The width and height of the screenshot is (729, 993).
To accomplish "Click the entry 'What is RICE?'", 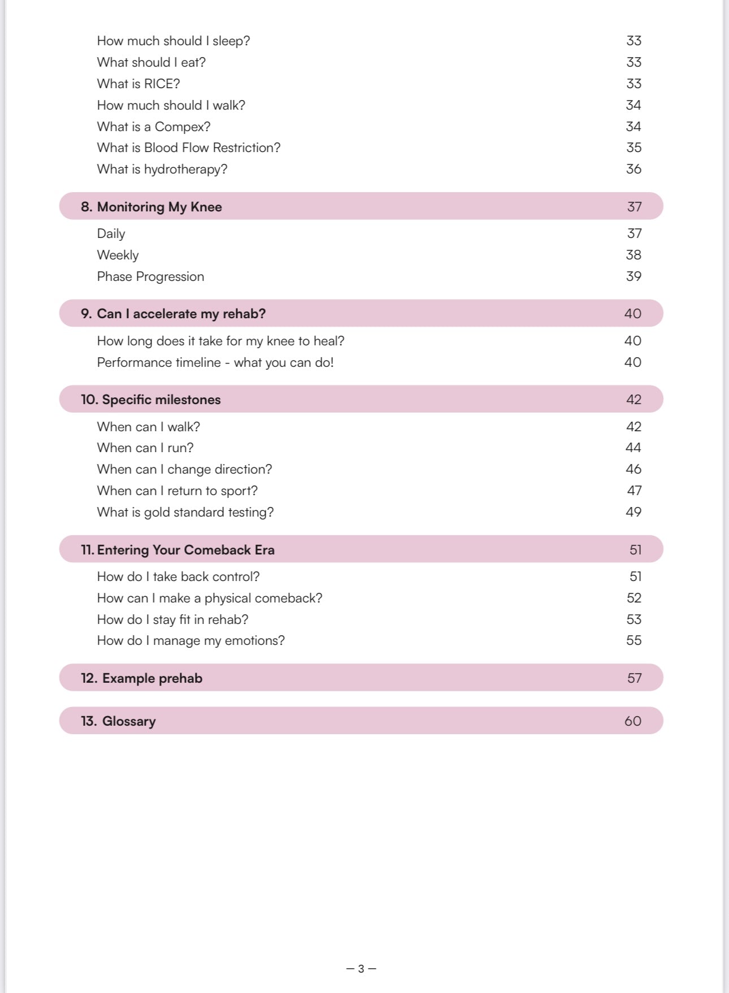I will tap(138, 84).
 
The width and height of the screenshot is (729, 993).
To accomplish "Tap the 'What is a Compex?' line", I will tap(154, 127).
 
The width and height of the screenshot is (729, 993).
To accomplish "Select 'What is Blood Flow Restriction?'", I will tap(189, 148).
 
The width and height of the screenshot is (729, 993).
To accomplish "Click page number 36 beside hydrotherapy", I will tap(633, 169).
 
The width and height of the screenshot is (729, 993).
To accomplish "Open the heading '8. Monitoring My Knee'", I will tap(151, 207).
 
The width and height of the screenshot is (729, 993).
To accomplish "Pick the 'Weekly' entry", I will tap(118, 255).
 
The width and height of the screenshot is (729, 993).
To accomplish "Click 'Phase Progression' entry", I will tap(150, 276).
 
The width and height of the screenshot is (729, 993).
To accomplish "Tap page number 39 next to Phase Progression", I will tap(633, 276).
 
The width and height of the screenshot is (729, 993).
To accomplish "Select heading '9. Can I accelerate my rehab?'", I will tap(173, 314).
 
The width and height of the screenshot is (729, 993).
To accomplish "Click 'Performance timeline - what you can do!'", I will tap(215, 362).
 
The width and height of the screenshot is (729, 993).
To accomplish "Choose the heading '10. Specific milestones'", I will tap(151, 400).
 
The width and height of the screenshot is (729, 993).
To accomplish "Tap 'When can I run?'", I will tap(145, 448).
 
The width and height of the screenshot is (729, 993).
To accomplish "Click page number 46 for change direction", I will tap(633, 469).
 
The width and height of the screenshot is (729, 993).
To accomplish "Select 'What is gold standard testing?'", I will tap(185, 512).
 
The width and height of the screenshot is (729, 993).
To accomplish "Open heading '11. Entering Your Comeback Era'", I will tap(177, 550).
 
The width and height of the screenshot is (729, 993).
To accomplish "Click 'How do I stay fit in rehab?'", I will tap(172, 619).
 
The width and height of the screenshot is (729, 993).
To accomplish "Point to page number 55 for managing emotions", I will tap(633, 640).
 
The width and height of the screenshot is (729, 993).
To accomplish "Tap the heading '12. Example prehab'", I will tap(141, 678).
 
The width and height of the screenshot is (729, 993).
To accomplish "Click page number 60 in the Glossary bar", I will tap(633, 721).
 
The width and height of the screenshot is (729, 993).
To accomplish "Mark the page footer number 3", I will tap(361, 969).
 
